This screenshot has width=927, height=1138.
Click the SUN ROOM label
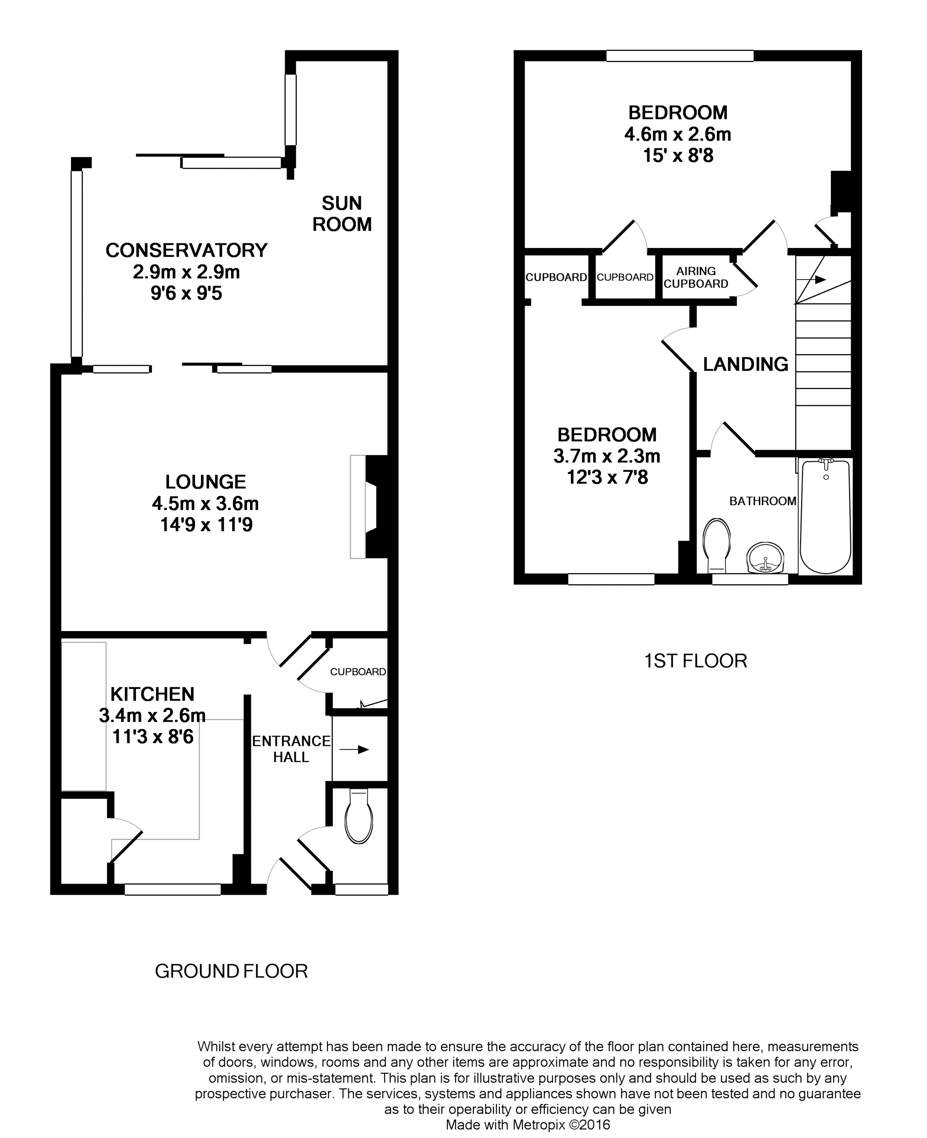pos(342,214)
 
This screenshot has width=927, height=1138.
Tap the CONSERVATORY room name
pos(186,250)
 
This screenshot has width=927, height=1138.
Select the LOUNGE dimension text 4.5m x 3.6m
pos(206,503)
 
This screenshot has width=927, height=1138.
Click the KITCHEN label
pos(152,694)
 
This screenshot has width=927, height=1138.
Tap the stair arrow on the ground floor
pos(354,750)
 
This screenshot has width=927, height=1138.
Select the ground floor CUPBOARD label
pos(358,671)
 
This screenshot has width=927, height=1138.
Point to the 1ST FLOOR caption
pos(695,661)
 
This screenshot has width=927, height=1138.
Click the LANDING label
pos(745,364)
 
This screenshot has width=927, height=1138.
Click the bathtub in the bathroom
pos(825,516)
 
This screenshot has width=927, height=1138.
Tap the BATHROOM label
pos(763,501)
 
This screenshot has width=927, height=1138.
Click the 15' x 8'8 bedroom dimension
pos(678,156)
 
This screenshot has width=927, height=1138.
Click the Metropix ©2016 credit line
pos(527,1125)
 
